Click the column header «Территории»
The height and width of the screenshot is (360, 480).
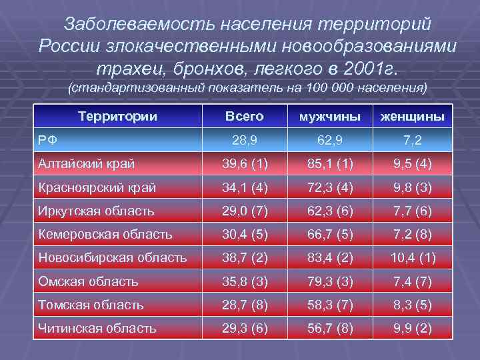(x=117, y=117)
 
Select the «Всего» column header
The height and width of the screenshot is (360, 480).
(x=245, y=117)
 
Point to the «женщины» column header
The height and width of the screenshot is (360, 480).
(x=412, y=117)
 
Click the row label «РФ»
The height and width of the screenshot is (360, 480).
(x=47, y=139)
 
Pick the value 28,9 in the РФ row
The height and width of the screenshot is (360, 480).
(x=245, y=139)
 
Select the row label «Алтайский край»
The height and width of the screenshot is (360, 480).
(x=86, y=164)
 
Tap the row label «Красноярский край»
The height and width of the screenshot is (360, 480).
(x=97, y=188)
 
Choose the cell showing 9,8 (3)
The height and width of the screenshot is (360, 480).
(x=412, y=188)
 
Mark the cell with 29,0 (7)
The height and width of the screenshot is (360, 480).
(x=245, y=211)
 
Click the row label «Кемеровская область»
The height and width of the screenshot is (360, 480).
(x=105, y=235)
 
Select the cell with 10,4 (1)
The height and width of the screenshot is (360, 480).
(x=412, y=258)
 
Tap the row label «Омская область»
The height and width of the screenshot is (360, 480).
(x=88, y=281)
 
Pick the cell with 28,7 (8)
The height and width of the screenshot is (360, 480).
(x=245, y=305)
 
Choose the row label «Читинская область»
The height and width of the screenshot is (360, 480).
(x=97, y=329)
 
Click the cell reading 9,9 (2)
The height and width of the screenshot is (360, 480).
(x=412, y=329)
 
